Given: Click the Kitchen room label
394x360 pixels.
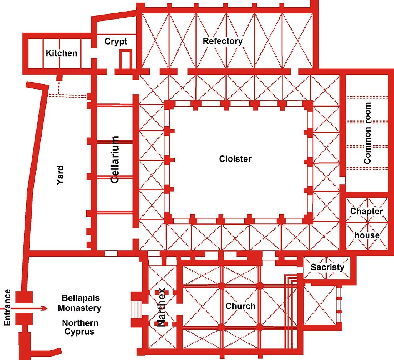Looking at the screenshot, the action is click(x=61, y=53).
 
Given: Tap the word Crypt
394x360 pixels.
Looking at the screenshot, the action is click(x=116, y=42).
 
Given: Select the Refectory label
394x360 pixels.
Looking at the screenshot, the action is click(x=223, y=41).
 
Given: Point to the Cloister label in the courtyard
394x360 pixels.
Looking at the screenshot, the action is click(x=235, y=159).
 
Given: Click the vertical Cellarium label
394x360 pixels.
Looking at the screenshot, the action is click(x=115, y=160).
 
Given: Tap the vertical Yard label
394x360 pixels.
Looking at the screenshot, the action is click(x=60, y=175).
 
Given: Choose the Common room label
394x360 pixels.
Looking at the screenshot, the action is click(x=367, y=133).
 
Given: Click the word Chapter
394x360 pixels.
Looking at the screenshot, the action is click(x=366, y=212).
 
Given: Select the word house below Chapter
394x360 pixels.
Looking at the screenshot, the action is click(x=367, y=235).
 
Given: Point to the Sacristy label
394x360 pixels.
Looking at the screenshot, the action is click(x=327, y=267).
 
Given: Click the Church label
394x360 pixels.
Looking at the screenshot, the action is click(x=240, y=306).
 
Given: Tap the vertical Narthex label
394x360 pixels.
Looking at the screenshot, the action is click(x=161, y=307).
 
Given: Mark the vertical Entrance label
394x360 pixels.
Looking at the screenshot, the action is click(x=7, y=307).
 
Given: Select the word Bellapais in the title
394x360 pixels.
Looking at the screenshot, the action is click(x=81, y=298).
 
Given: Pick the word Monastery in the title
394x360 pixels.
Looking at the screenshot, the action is click(x=79, y=308).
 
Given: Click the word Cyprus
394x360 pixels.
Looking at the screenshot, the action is click(x=79, y=332).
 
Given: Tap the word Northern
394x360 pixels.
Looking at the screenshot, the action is click(x=80, y=323).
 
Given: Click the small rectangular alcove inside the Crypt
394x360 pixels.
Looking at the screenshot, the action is click(x=126, y=59).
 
